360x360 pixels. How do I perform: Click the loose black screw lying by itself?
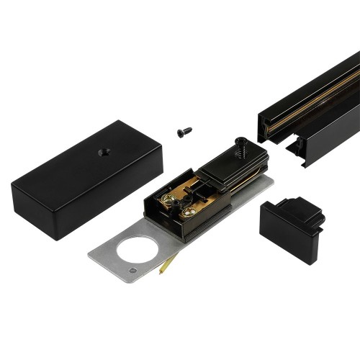point(184,132)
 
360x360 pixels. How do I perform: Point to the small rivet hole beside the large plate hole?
point(133,270)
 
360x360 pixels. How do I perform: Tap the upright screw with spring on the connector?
point(241,148)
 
